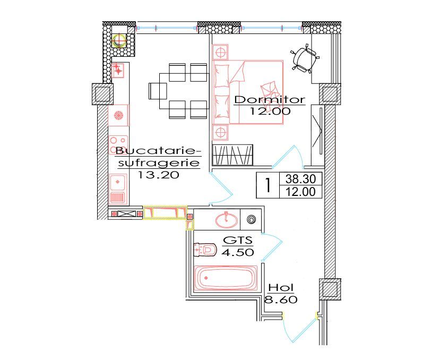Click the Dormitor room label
[269, 99]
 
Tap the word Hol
[280, 287]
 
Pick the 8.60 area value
[280, 299]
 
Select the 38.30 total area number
[300, 179]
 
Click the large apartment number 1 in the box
[268, 186]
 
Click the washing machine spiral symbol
[252, 218]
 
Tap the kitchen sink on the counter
[118, 183]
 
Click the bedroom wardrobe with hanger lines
[232, 155]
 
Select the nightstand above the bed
[220, 52]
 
